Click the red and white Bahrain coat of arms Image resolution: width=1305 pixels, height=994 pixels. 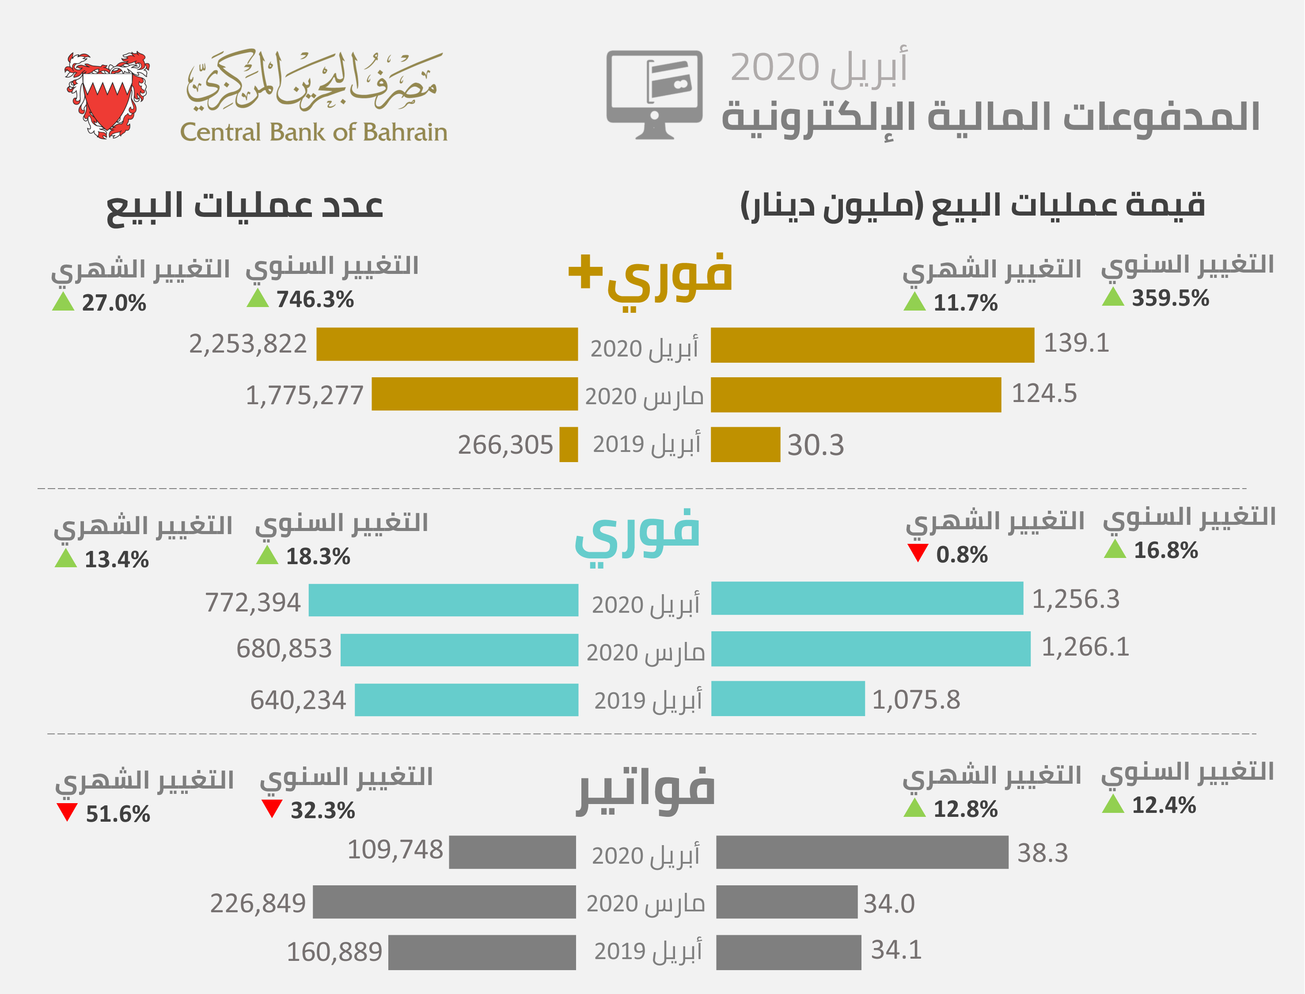point(107,95)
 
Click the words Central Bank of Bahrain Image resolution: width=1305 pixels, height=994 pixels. point(314,132)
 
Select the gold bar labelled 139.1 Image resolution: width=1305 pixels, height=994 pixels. point(872,345)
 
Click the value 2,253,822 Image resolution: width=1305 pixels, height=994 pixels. point(248,344)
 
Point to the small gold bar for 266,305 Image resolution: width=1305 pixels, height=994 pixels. point(569,444)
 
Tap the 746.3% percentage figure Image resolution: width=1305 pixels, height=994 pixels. point(315,300)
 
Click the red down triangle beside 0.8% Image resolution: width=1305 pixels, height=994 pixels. point(918,553)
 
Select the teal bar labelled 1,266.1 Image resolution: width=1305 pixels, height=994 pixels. point(870,649)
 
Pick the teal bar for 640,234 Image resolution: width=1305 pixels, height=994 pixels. point(466,700)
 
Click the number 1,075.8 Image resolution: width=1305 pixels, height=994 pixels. point(916,700)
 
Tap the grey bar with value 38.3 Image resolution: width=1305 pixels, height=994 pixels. point(862,853)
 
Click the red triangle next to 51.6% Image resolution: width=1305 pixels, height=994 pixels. point(67,812)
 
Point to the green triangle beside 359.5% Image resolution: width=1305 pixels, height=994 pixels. point(1113,297)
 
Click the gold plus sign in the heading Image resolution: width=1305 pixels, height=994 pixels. point(585,272)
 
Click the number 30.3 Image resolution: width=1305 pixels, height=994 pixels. point(815,445)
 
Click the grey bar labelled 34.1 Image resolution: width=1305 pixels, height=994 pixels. point(788,952)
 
